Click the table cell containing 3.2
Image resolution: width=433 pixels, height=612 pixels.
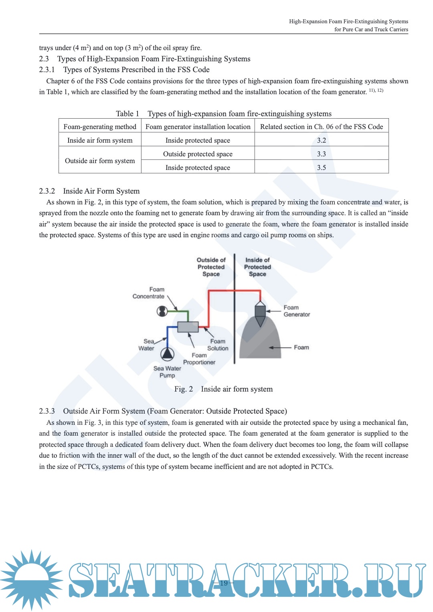coord(321,140)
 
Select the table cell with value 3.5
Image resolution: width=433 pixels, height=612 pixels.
coord(321,168)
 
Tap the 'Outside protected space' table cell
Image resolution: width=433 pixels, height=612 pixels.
coord(198,154)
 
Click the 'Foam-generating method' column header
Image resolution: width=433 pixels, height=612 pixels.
coord(100,127)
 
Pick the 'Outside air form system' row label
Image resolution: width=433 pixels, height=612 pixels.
coord(100,161)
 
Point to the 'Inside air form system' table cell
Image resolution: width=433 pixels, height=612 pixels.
coord(100,140)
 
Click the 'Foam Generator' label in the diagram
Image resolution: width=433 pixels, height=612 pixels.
coord(297,311)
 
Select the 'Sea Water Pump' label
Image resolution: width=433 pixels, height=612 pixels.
coord(167,372)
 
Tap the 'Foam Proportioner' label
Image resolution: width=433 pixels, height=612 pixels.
coord(199,359)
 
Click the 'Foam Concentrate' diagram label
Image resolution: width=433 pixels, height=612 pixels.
coord(149,293)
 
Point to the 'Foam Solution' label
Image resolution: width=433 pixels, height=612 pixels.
coord(218,345)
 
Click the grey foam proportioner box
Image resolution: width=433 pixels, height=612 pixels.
coord(188,327)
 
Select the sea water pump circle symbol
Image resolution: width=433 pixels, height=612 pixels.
coord(168,354)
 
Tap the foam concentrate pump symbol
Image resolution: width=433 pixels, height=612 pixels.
coord(162,311)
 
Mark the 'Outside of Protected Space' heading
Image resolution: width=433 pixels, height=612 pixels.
coord(211,267)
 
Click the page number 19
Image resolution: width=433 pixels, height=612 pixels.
coord(224,583)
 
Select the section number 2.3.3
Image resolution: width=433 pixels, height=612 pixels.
coord(47,411)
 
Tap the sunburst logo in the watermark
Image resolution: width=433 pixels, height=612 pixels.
coord(31,580)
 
